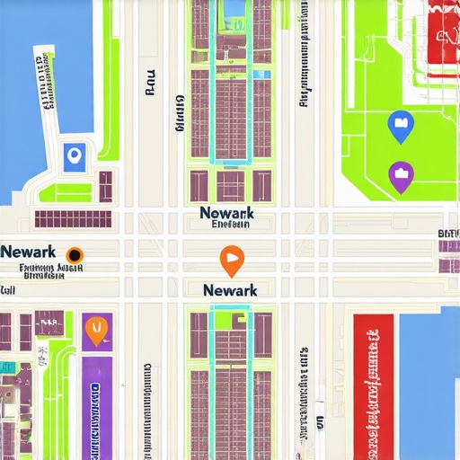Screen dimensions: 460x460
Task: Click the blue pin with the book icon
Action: point(398,126)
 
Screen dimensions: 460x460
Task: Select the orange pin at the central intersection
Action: point(231,261)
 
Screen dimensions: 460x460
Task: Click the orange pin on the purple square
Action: point(95,331)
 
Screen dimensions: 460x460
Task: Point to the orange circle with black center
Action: point(75,253)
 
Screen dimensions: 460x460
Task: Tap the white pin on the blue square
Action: point(75,157)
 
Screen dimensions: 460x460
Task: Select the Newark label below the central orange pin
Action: point(230,290)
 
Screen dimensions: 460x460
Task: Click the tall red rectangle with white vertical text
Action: point(374,383)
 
